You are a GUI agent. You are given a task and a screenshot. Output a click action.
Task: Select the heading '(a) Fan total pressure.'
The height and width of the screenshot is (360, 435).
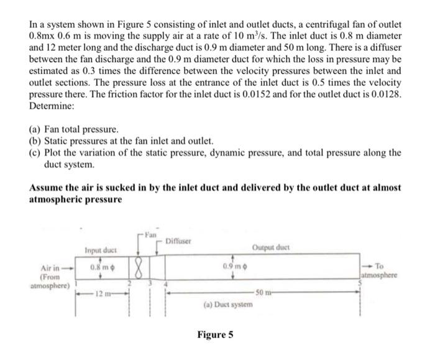click(x=73, y=129)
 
